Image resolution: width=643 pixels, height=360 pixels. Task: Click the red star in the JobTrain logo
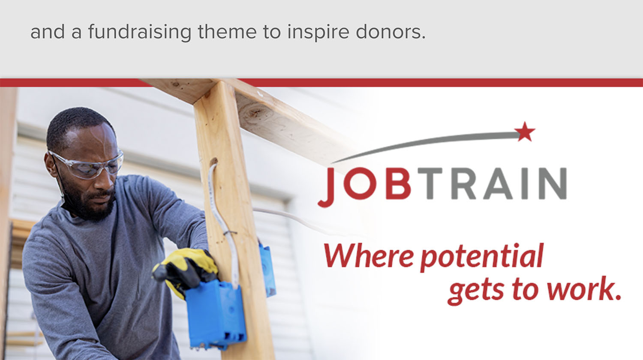pyautogui.click(x=525, y=132)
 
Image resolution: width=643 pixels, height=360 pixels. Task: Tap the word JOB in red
pyautogui.click(x=364, y=186)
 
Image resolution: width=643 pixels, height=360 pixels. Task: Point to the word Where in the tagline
pyautogui.click(x=369, y=255)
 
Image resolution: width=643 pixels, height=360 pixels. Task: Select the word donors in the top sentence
pyautogui.click(x=391, y=32)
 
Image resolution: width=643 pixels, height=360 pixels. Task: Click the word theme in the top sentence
pyautogui.click(x=227, y=32)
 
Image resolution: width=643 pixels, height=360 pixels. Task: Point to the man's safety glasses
pyautogui.click(x=87, y=165)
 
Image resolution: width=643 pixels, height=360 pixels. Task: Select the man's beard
pyautogui.click(x=89, y=202)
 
